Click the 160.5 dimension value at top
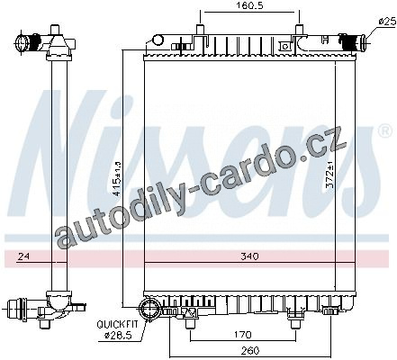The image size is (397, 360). coord(249,5)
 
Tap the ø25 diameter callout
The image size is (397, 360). coord(388,21)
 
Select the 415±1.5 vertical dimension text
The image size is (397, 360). coord(118,178)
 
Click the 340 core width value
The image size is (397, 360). coord(249,256)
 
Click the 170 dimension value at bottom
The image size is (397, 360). coord(243,334)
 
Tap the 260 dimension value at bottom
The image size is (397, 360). coord(249,350)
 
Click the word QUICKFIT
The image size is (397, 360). coord(117,324)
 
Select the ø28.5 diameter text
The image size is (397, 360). coord(118,335)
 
